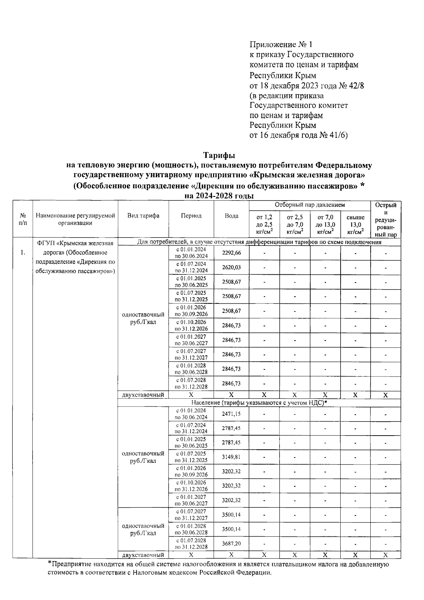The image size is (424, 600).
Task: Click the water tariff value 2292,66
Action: (x=231, y=253)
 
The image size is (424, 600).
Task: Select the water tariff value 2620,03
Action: (x=231, y=267)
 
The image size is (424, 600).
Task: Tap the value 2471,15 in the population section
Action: (x=231, y=414)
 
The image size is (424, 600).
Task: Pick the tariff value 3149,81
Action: (x=231, y=457)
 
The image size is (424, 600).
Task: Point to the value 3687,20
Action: (x=231, y=543)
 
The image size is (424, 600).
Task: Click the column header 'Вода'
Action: (x=231, y=216)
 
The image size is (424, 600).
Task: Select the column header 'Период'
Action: (x=191, y=216)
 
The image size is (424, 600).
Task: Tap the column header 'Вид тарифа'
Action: (x=143, y=216)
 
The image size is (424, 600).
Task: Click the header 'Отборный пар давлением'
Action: (x=310, y=205)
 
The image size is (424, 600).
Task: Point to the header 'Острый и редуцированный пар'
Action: (x=385, y=220)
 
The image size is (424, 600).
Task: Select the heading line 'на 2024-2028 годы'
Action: (x=219, y=196)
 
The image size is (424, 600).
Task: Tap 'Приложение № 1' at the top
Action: (x=281, y=45)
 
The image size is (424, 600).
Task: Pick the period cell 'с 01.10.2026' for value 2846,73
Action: (x=191, y=325)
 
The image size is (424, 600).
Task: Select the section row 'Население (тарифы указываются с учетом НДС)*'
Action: (x=259, y=403)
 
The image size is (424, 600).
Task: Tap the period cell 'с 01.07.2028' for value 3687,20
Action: (x=191, y=543)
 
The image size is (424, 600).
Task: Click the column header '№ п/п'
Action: (x=23, y=219)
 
